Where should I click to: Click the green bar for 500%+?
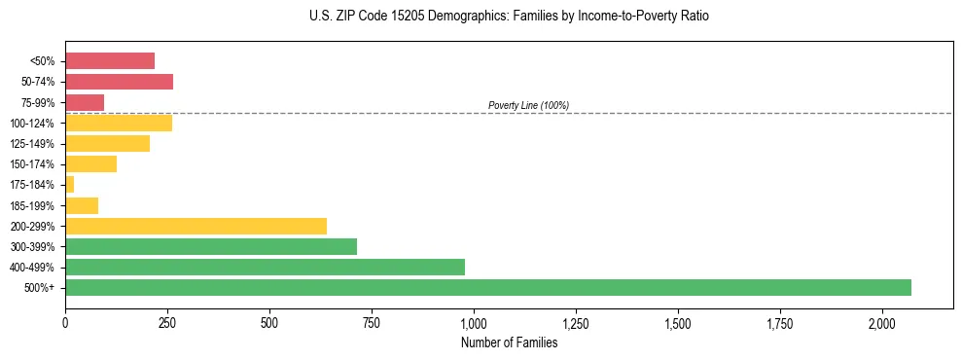pyautogui.click(x=487, y=287)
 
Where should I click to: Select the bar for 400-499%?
pyautogui.click(x=265, y=267)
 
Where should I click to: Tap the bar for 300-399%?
pyautogui.click(x=210, y=246)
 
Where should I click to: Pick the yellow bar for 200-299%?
pyautogui.click(x=196, y=226)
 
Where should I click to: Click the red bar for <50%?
pyautogui.click(x=110, y=60)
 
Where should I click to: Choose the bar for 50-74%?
pyautogui.click(x=119, y=82)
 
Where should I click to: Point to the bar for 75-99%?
pyautogui.click(x=85, y=102)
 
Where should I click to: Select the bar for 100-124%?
pyautogui.click(x=119, y=123)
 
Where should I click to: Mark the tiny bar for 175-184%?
pyautogui.click(x=70, y=184)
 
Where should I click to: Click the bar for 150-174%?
pyautogui.click(x=90, y=163)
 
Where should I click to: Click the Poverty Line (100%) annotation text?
pyautogui.click(x=528, y=105)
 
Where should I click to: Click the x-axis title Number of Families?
pyautogui.click(x=509, y=342)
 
